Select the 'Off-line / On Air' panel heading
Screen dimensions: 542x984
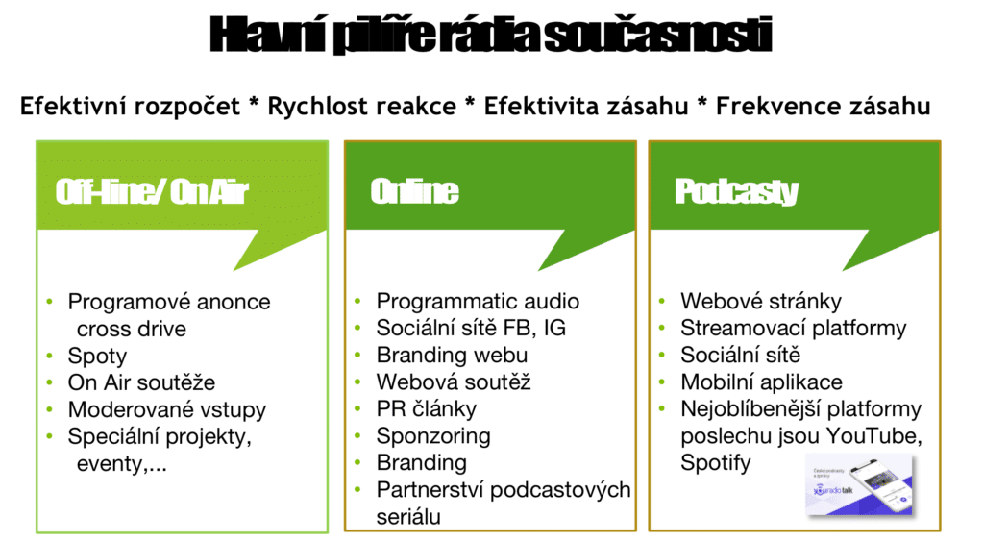(152, 193)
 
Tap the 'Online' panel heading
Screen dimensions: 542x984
(414, 192)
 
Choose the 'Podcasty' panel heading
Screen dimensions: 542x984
(736, 192)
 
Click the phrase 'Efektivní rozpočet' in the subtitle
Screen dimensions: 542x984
(130, 107)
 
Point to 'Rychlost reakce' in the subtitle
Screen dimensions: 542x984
(361, 107)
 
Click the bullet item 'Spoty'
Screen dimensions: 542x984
(97, 356)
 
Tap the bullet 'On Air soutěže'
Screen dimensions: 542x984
(141, 382)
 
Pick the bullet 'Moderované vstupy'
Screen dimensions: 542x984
(166, 409)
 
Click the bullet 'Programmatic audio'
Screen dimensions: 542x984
(478, 302)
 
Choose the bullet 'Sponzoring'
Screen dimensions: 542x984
(433, 435)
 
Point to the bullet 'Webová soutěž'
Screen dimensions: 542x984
(454, 382)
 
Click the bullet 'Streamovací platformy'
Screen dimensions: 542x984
(793, 329)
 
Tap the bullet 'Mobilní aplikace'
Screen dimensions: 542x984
(761, 382)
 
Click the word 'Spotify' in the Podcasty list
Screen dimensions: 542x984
(716, 462)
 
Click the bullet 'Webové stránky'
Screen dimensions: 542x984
(760, 302)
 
